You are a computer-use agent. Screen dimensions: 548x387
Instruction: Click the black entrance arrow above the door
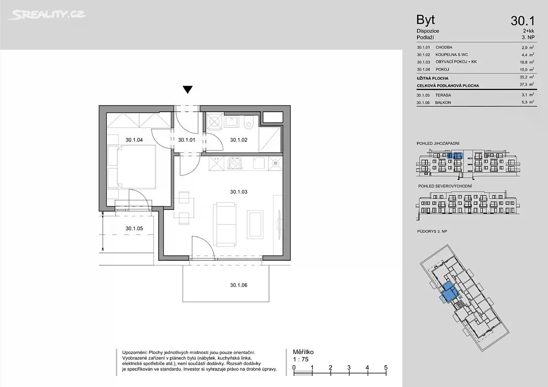coord(188,89)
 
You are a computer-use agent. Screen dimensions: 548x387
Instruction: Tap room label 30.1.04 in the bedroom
coord(134,140)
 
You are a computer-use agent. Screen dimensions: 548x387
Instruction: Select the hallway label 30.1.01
coord(186,140)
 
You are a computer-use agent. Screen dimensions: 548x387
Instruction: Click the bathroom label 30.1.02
coord(238,140)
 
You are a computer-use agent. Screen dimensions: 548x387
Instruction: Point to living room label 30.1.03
coord(238,192)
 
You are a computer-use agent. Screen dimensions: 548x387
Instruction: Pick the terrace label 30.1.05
coord(134,228)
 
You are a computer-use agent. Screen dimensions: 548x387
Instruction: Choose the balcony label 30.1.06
coord(238,285)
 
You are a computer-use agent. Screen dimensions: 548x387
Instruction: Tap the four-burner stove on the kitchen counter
coord(234,163)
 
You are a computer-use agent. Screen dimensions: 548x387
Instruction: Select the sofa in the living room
coord(225,224)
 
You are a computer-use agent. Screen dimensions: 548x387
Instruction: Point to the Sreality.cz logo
coord(46,15)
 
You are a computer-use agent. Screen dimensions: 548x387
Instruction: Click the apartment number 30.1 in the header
coord(522,21)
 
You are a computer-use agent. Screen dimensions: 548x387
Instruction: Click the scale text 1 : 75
coord(300,359)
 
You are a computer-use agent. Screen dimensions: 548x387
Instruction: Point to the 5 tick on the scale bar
coord(386,367)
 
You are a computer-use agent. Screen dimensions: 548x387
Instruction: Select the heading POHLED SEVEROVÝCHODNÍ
coord(445,186)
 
